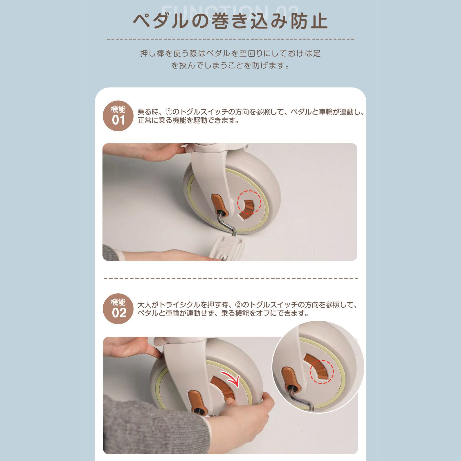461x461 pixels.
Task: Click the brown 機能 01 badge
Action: coord(118,116)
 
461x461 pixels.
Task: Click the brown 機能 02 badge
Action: coord(118,309)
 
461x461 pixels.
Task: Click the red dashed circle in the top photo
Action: coord(249,202)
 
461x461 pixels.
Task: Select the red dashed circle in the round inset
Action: coord(322,372)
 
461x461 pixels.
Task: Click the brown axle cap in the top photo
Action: coord(219,204)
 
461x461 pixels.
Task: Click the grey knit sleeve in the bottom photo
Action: coord(145,427)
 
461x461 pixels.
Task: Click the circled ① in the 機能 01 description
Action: coord(169,112)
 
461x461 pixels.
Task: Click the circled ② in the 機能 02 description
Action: coord(238,305)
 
